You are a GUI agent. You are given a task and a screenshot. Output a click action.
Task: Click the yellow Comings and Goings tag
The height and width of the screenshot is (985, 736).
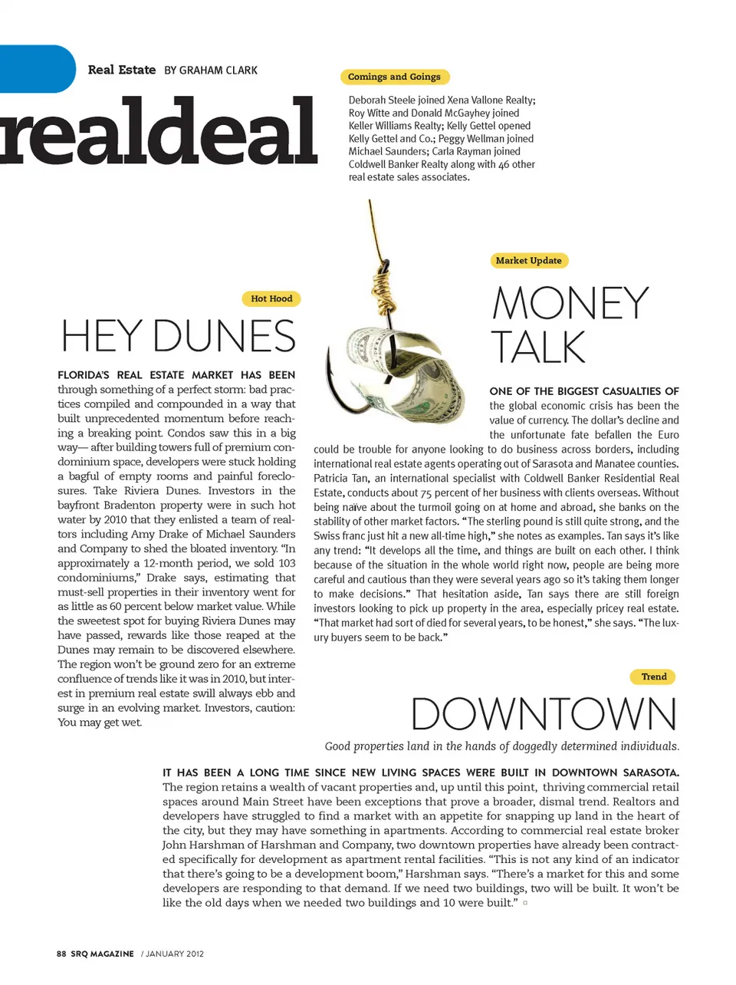[394, 77]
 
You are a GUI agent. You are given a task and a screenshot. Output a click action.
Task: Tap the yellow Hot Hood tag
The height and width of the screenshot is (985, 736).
[271, 298]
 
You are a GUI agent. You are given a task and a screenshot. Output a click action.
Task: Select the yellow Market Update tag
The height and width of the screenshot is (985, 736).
[528, 261]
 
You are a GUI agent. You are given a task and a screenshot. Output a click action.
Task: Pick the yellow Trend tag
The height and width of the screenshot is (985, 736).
[654, 677]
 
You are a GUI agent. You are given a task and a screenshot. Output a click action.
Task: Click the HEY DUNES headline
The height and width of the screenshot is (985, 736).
[178, 336]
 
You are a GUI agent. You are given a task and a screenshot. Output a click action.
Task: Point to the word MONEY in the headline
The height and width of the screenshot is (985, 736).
[570, 303]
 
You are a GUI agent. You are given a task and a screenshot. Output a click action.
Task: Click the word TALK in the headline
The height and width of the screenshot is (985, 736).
[538, 347]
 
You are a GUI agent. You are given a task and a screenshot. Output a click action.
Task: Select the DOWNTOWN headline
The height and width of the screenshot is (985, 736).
[544, 714]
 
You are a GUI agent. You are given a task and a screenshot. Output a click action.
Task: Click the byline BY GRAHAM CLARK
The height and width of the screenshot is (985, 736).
[211, 71]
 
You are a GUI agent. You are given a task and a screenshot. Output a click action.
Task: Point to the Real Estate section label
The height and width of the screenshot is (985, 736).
[122, 70]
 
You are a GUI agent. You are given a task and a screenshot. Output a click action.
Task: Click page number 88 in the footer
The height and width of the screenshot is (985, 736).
[61, 954]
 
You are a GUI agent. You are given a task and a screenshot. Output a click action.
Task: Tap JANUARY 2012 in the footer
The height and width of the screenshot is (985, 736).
[175, 954]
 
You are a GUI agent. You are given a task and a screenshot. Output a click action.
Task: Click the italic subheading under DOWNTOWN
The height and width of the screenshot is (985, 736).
[501, 746]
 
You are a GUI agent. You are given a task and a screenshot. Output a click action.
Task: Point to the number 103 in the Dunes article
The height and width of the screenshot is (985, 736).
[287, 563]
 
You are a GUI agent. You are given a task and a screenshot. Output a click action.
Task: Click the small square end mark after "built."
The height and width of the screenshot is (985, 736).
[525, 903]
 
